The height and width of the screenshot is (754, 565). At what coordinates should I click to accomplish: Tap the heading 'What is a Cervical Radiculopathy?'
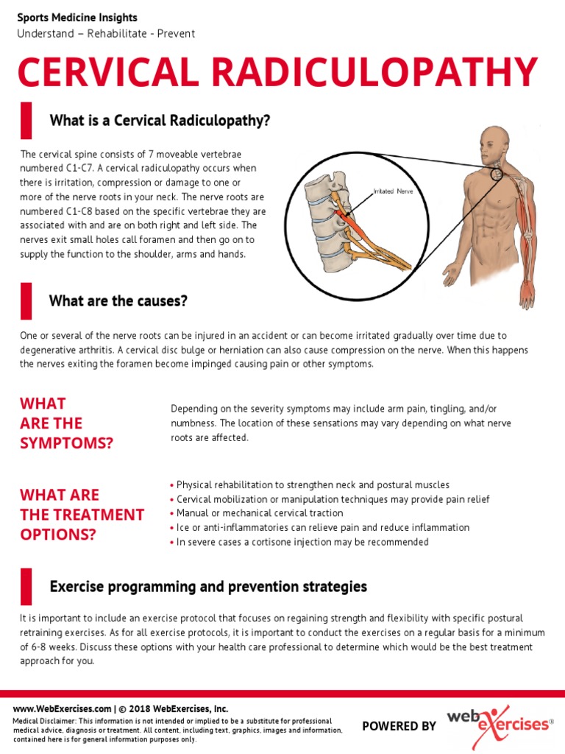click(x=160, y=120)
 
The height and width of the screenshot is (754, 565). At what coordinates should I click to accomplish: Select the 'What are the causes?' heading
click(x=118, y=300)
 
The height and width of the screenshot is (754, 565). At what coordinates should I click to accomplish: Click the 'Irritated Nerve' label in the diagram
click(x=394, y=191)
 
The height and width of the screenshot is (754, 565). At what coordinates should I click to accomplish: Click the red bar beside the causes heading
click(x=26, y=300)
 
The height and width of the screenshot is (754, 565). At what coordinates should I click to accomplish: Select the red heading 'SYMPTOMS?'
click(x=67, y=443)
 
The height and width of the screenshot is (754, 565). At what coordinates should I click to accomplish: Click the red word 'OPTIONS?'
click(x=58, y=534)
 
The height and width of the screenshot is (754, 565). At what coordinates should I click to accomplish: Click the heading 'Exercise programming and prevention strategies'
click(x=208, y=587)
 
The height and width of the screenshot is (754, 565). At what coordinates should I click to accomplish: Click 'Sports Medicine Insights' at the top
click(x=77, y=18)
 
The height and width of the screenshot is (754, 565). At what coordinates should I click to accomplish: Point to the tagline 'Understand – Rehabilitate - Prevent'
click(x=106, y=34)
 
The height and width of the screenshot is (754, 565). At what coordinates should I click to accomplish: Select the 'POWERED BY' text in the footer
click(x=399, y=726)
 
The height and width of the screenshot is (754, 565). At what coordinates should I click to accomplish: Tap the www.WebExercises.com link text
click(x=63, y=709)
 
